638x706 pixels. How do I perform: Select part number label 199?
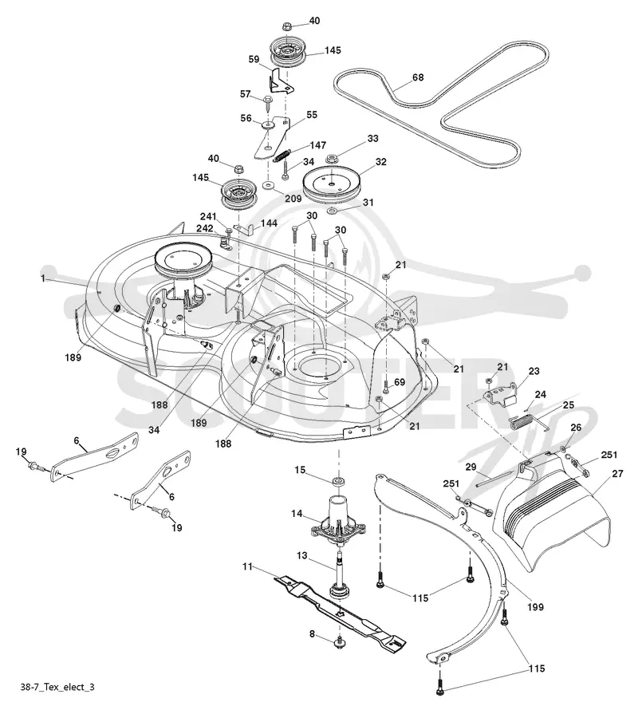tap(535, 607)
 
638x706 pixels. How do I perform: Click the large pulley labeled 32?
tap(333, 186)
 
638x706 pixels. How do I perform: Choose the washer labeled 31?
tap(332, 211)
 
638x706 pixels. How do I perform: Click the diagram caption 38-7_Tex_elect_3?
tap(57, 687)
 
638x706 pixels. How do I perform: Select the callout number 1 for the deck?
tap(43, 278)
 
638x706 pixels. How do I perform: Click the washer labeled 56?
tap(268, 124)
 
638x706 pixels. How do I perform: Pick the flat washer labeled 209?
tap(269, 185)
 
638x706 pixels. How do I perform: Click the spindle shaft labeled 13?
tap(339, 572)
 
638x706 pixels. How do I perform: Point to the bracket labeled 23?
tap(499, 396)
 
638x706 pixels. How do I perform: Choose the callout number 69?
tap(400, 382)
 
